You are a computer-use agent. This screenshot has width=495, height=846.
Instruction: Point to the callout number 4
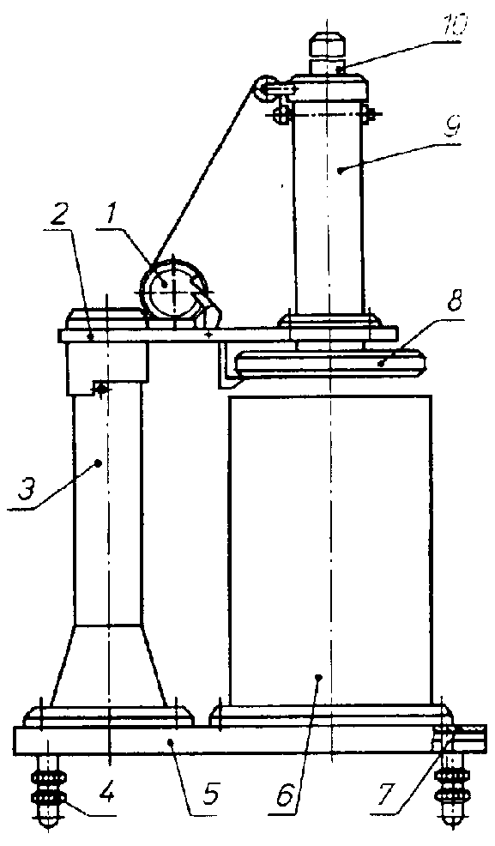coord(108,792)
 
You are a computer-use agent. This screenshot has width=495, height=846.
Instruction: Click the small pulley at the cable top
coord(264,88)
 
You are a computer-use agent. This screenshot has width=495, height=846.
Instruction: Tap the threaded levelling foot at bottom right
coord(452,789)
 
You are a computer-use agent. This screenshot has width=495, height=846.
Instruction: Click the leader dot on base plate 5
coord(171,743)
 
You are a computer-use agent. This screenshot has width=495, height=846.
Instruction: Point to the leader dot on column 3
coord(98,462)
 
